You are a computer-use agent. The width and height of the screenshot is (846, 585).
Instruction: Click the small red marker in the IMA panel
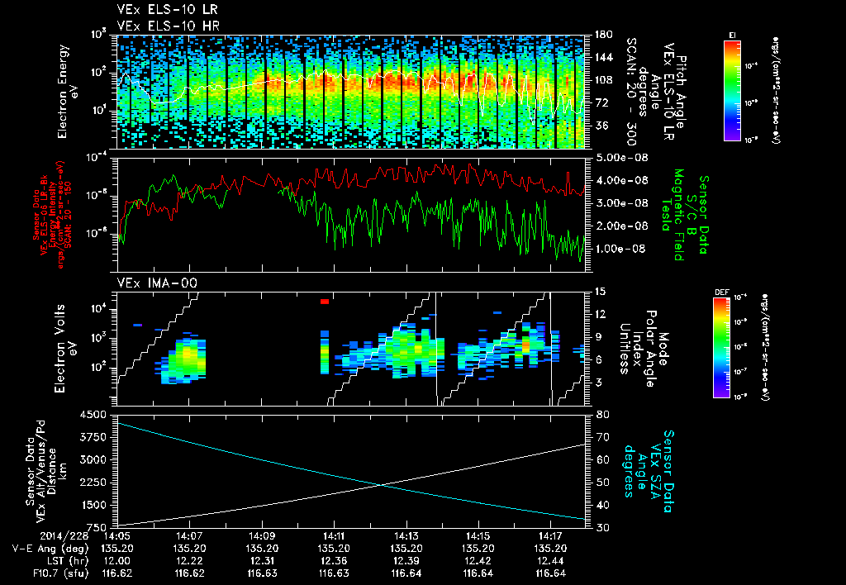pyautogui.click(x=325, y=302)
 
